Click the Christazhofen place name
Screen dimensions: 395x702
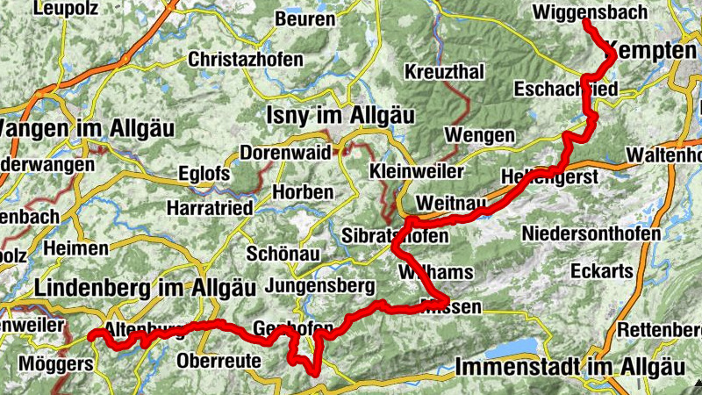click(x=246, y=61)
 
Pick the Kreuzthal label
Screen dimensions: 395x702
click(x=444, y=70)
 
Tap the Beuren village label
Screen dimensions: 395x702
click(x=304, y=18)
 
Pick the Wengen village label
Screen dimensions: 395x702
click(x=479, y=135)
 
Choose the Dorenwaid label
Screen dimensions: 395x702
click(x=285, y=152)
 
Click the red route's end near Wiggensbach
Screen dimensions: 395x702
click(x=586, y=21)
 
